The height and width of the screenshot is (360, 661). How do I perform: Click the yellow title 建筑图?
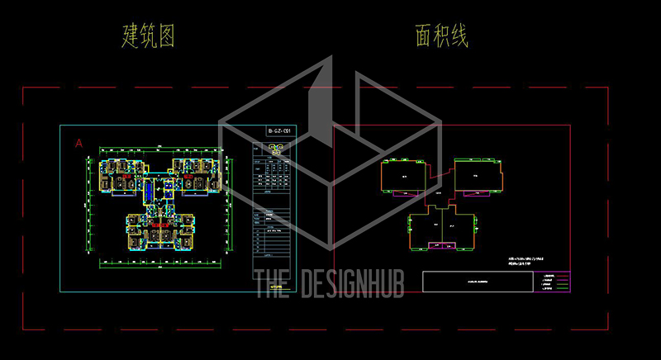(x=149, y=36)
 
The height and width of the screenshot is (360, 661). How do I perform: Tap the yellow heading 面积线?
(x=442, y=36)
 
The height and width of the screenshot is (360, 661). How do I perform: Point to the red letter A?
(x=79, y=143)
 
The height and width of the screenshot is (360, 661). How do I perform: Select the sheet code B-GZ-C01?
(x=276, y=132)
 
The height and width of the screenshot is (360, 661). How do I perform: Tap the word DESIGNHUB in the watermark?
(x=356, y=283)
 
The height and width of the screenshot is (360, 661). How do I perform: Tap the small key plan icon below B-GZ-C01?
(x=276, y=149)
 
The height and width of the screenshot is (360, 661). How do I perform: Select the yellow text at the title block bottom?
(x=276, y=289)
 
